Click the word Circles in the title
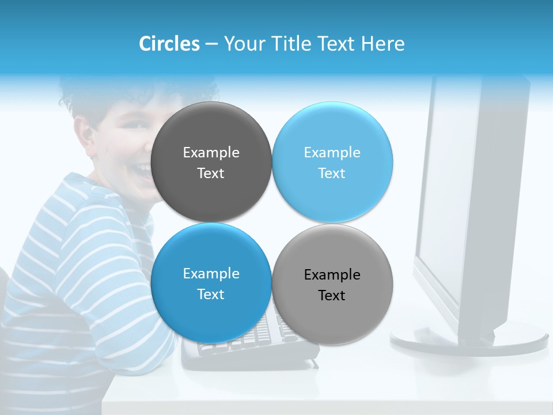(x=169, y=44)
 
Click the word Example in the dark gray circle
(x=211, y=153)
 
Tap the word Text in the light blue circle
(x=332, y=173)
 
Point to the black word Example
(x=332, y=275)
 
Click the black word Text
(x=332, y=296)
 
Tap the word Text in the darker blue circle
(x=211, y=295)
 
